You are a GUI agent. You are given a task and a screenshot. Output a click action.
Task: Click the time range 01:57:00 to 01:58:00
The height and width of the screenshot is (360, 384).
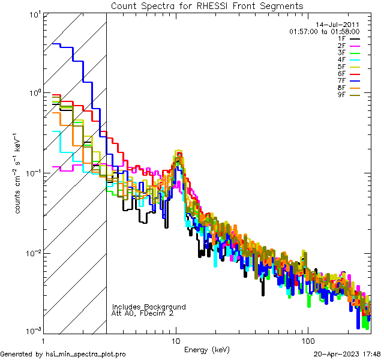click(x=324, y=31)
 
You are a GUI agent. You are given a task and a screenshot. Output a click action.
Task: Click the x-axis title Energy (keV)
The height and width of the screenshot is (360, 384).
click(x=207, y=349)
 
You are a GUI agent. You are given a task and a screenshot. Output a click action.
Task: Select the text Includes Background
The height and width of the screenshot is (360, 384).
click(x=149, y=307)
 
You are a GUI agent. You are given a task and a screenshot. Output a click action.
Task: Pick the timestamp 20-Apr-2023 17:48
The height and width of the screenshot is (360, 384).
click(x=346, y=354)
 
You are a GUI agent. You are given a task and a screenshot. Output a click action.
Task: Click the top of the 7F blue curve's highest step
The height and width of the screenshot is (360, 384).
click(x=57, y=43)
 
